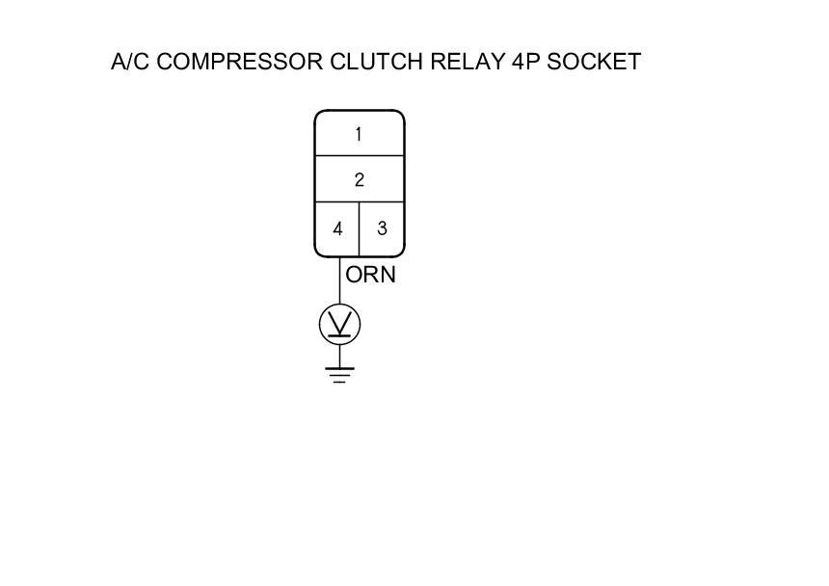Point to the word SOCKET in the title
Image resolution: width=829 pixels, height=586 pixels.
tap(594, 63)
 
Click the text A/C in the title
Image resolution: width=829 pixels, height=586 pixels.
tap(130, 63)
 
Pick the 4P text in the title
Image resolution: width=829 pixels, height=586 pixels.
tap(524, 63)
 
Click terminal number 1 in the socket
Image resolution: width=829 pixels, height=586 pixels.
tap(359, 135)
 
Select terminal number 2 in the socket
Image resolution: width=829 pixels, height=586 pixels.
tap(359, 180)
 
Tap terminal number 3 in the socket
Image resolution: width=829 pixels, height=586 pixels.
tap(382, 229)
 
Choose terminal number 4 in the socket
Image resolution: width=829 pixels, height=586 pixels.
tap(337, 229)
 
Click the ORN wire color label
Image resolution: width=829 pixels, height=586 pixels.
tap(370, 276)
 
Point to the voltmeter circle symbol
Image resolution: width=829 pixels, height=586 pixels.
tap(339, 325)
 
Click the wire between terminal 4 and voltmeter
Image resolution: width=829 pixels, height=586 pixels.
tap(339, 281)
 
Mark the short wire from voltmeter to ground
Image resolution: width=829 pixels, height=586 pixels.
tap(339, 356)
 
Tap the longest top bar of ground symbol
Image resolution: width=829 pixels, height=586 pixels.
tap(339, 368)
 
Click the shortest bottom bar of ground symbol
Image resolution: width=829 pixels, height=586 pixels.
tap(339, 382)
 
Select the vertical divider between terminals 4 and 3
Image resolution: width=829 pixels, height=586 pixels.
tap(360, 229)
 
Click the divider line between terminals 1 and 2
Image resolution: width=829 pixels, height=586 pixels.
tap(359, 156)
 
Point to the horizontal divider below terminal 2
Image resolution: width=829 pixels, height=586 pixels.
tap(359, 201)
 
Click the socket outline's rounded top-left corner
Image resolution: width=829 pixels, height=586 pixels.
tap(319, 115)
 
